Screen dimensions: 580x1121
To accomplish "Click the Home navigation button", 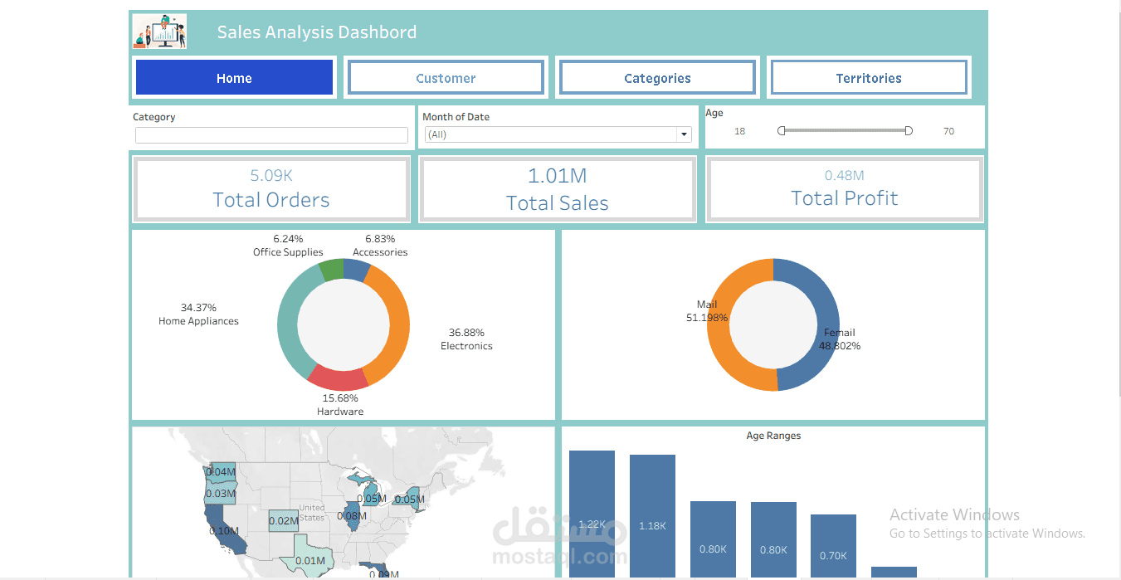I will (x=234, y=78).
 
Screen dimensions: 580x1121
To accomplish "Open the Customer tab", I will (x=446, y=78).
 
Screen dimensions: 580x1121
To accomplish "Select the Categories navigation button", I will (x=657, y=78).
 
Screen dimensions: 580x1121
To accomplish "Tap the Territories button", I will (x=869, y=78).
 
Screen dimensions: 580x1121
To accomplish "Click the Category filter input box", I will (x=271, y=135).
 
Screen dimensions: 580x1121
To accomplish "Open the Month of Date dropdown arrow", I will (x=684, y=134).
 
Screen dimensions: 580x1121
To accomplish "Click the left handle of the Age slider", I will (x=782, y=131).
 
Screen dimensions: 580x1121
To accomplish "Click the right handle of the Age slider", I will (x=909, y=131).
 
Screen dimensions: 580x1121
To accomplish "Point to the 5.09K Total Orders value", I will (x=271, y=176).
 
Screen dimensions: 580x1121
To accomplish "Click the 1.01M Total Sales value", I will (x=557, y=176).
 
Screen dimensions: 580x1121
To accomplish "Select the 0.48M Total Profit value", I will (x=844, y=176).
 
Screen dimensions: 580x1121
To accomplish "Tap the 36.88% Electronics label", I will (x=466, y=339).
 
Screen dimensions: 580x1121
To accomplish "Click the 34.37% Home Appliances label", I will (x=198, y=314).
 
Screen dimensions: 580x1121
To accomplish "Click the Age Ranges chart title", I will (x=773, y=436).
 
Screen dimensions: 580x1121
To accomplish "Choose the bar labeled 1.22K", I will (x=592, y=514).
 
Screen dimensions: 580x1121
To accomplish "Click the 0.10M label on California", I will (x=224, y=531).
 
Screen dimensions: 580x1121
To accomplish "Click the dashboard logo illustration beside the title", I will (x=159, y=32).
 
